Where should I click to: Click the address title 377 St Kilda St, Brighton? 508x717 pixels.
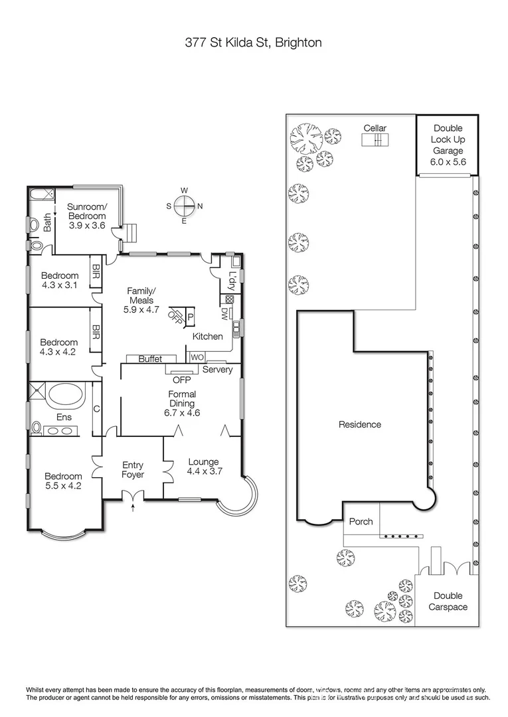[x=254, y=43]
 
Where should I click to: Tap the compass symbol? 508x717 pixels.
[x=185, y=206]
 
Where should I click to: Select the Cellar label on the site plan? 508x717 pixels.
[x=375, y=128]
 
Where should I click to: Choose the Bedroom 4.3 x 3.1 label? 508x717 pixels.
[x=60, y=281]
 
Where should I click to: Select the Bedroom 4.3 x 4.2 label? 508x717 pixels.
[x=60, y=347]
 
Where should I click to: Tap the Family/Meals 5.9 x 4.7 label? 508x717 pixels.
[x=141, y=300]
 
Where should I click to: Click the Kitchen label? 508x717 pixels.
[x=207, y=337]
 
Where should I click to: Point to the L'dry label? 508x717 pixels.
[x=232, y=281]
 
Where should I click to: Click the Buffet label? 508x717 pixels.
[x=150, y=358]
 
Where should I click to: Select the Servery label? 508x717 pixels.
[x=218, y=369]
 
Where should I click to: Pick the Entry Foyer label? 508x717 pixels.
[x=133, y=469]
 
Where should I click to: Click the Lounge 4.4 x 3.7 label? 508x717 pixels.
[x=203, y=466]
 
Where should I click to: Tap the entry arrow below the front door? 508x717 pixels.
[x=134, y=509]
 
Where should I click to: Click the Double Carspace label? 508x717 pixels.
[x=448, y=601]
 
